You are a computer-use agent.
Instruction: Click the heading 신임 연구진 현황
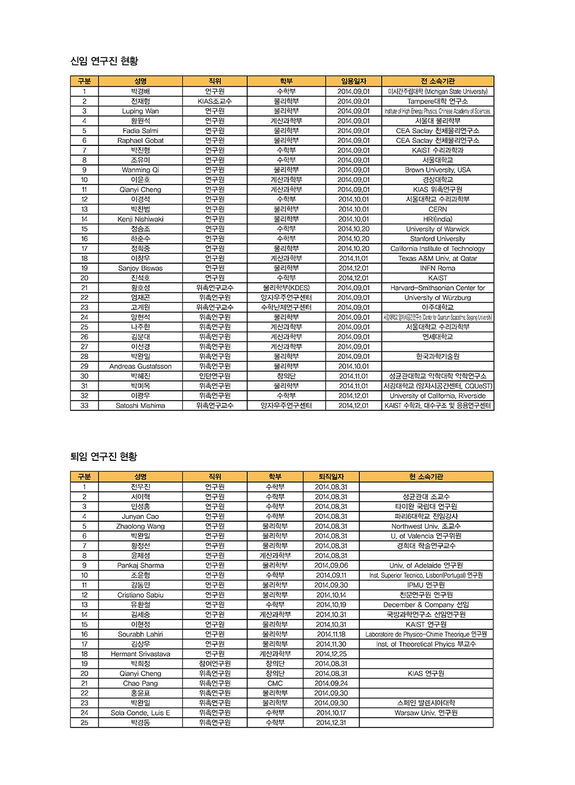(x=104, y=61)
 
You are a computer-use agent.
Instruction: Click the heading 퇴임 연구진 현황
(x=103, y=456)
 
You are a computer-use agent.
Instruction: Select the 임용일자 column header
(x=354, y=82)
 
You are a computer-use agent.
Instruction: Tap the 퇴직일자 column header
(x=331, y=477)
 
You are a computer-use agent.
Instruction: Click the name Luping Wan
(x=140, y=111)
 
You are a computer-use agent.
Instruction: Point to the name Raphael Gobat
(x=140, y=140)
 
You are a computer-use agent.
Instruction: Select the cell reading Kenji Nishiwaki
(x=140, y=219)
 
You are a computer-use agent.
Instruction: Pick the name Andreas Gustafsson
(x=140, y=366)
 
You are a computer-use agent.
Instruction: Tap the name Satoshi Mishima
(x=140, y=406)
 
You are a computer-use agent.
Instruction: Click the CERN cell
(x=438, y=209)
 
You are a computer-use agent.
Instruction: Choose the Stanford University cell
(x=438, y=238)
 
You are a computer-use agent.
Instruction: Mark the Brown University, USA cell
(x=438, y=170)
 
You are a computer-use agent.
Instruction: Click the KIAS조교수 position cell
(x=214, y=101)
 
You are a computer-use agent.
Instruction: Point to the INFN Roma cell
(x=438, y=268)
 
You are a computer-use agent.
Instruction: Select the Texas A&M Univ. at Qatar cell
(x=438, y=259)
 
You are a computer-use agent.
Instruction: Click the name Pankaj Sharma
(x=140, y=565)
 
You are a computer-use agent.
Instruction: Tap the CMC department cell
(x=275, y=683)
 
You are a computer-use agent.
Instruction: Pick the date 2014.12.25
(x=331, y=654)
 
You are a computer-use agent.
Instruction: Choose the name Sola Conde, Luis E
(x=140, y=713)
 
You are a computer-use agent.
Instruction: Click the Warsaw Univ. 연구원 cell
(x=426, y=713)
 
